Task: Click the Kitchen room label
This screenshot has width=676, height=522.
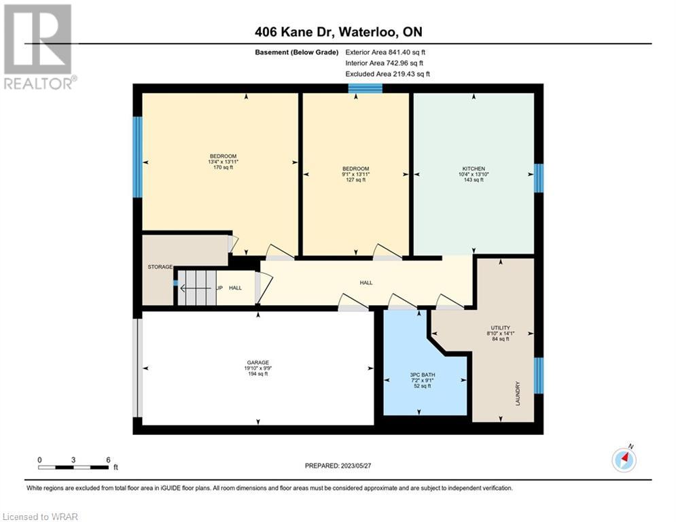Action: point(474,174)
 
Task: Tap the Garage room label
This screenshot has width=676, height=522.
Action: point(257,368)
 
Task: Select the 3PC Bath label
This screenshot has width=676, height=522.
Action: point(423,381)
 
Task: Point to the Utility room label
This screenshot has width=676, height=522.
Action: point(500,333)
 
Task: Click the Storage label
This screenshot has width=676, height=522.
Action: point(160,267)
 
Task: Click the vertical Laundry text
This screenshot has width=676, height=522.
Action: point(518,393)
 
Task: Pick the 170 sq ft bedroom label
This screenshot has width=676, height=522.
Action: point(223,162)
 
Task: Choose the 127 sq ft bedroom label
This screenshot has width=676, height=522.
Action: point(356,174)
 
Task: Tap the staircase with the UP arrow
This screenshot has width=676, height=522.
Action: point(198,288)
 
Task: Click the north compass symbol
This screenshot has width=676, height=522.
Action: point(624,459)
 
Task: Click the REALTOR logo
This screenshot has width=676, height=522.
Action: point(39,47)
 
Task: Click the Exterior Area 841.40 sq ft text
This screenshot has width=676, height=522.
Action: point(385,52)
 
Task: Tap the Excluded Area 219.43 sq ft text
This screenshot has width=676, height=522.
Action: point(387,74)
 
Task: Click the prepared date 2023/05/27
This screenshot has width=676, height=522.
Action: point(338,466)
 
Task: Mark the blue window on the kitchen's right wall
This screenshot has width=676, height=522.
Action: point(539,178)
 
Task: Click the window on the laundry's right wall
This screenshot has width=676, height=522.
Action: point(539,375)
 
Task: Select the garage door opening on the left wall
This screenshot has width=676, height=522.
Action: point(137,368)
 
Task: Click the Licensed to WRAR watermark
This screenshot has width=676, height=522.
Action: point(40,517)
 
